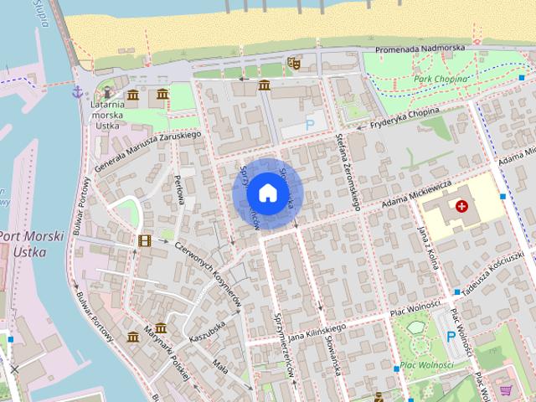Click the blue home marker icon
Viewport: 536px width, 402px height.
click(x=266, y=193)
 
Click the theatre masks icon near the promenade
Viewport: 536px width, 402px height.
click(x=293, y=62)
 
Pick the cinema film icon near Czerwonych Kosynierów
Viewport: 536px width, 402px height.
click(x=145, y=240)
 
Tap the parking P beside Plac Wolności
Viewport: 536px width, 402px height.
click(x=451, y=337)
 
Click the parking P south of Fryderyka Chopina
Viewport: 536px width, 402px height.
click(x=310, y=124)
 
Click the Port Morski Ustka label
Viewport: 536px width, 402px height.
click(x=32, y=244)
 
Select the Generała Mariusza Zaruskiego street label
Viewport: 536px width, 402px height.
click(x=149, y=147)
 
